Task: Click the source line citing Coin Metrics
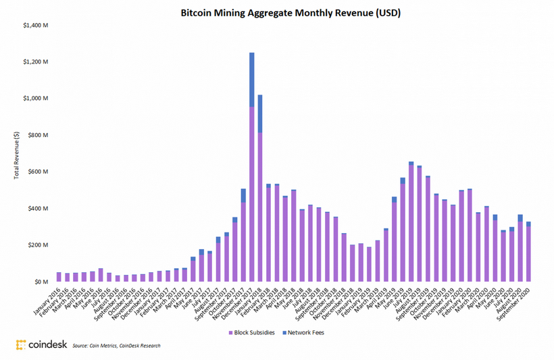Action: coord(116,346)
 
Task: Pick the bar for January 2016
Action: coord(59,277)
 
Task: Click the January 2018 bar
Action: coord(261,189)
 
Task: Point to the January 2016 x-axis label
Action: coord(47,301)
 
